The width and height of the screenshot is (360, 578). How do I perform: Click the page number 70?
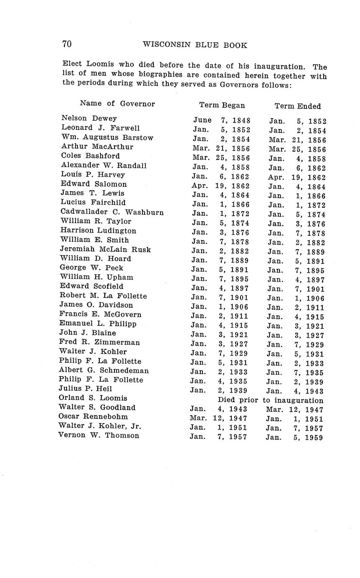[67, 44]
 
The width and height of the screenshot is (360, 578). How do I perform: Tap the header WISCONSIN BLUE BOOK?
[195, 45]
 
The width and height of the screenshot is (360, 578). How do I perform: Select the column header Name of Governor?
[117, 103]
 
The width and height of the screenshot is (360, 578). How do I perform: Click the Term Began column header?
[222, 105]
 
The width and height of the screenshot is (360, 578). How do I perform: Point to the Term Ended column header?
[298, 106]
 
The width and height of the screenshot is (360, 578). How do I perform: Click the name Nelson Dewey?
[89, 119]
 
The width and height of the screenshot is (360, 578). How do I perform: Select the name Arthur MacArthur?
[97, 147]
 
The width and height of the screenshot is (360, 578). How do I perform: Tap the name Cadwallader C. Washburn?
[112, 212]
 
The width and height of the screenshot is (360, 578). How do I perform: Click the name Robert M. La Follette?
[103, 296]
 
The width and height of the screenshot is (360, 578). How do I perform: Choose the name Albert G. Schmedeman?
[104, 370]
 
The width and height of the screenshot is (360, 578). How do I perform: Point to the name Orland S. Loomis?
[93, 398]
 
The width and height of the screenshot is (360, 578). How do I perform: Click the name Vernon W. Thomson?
[99, 435]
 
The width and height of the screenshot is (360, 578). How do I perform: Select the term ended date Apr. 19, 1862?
[297, 177]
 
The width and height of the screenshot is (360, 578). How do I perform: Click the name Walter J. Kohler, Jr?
[100, 426]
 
